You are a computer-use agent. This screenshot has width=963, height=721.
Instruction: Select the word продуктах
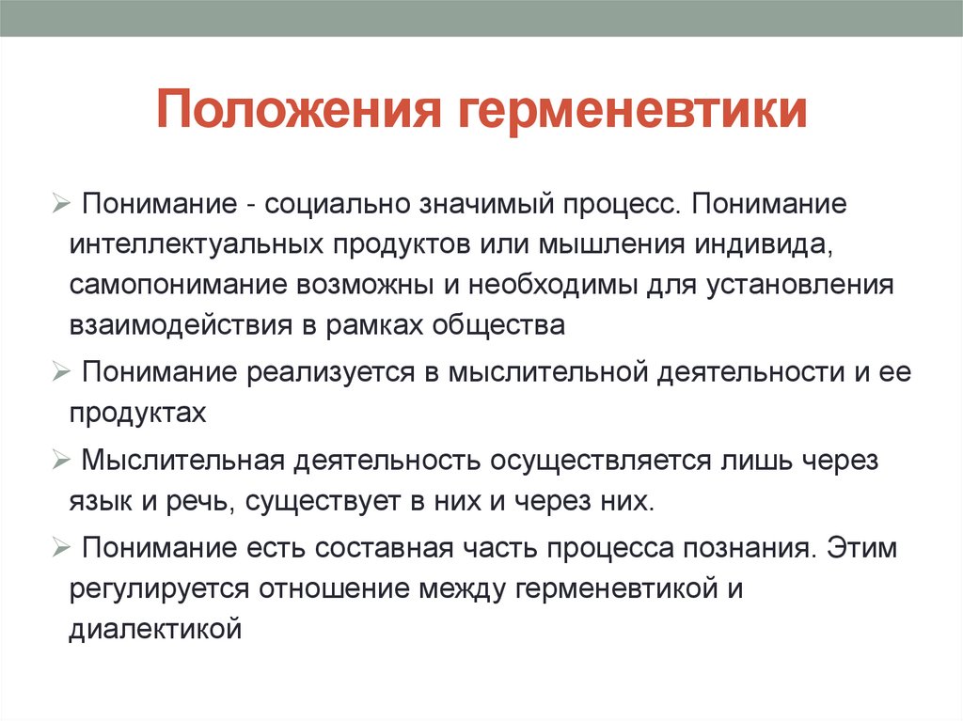136,412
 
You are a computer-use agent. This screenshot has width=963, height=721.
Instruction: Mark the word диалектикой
155,630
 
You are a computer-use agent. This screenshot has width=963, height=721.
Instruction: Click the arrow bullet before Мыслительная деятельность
61,461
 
